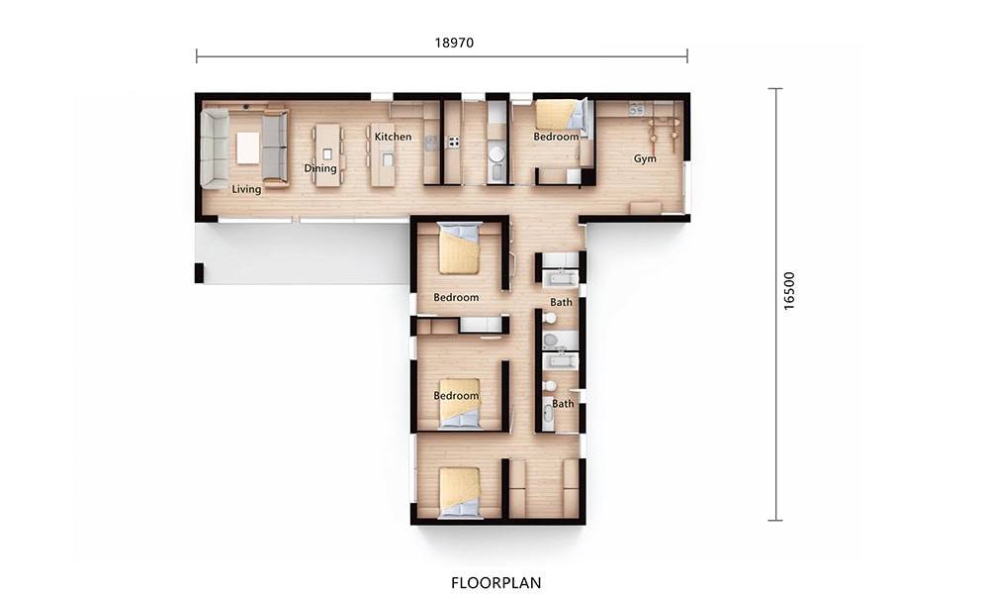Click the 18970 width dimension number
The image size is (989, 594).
click(x=454, y=43)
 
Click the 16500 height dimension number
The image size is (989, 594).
click(x=789, y=291)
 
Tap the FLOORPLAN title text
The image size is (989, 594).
click(x=495, y=583)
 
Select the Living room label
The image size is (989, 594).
click(x=246, y=189)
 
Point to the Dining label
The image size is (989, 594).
click(x=319, y=168)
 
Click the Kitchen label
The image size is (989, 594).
click(x=393, y=137)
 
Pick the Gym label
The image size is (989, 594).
click(x=645, y=158)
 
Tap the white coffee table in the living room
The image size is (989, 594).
click(x=248, y=148)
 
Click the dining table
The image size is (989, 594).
click(x=326, y=154)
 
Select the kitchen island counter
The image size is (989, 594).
click(x=382, y=154)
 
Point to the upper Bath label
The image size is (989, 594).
click(x=561, y=302)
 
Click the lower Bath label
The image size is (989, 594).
click(x=563, y=403)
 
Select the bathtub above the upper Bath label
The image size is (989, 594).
click(x=561, y=278)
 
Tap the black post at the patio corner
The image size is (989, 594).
click(x=199, y=273)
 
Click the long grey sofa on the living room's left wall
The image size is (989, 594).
click(x=215, y=148)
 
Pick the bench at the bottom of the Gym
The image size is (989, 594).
click(x=645, y=208)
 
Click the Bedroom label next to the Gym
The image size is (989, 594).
click(x=556, y=137)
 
